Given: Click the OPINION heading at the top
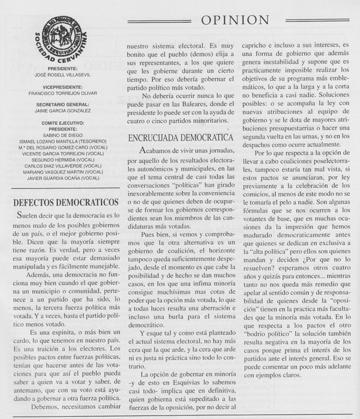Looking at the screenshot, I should tap(235, 20).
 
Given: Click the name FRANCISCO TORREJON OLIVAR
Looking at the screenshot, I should tap(63, 93).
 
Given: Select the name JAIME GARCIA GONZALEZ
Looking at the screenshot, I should tap(63, 110).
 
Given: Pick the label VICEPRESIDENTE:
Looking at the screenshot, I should tap(63, 87).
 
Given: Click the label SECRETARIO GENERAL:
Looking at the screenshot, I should tap(63, 104).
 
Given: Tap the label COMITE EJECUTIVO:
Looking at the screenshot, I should tap(63, 123).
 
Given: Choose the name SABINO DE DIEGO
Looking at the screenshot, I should tap(63, 134).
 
